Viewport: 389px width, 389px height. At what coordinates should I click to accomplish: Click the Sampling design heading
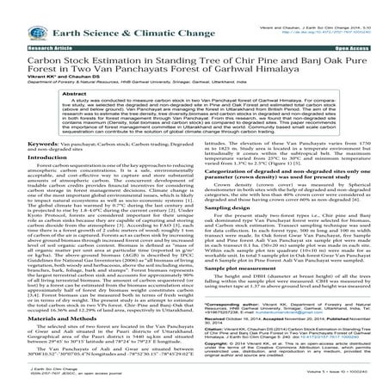225,207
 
